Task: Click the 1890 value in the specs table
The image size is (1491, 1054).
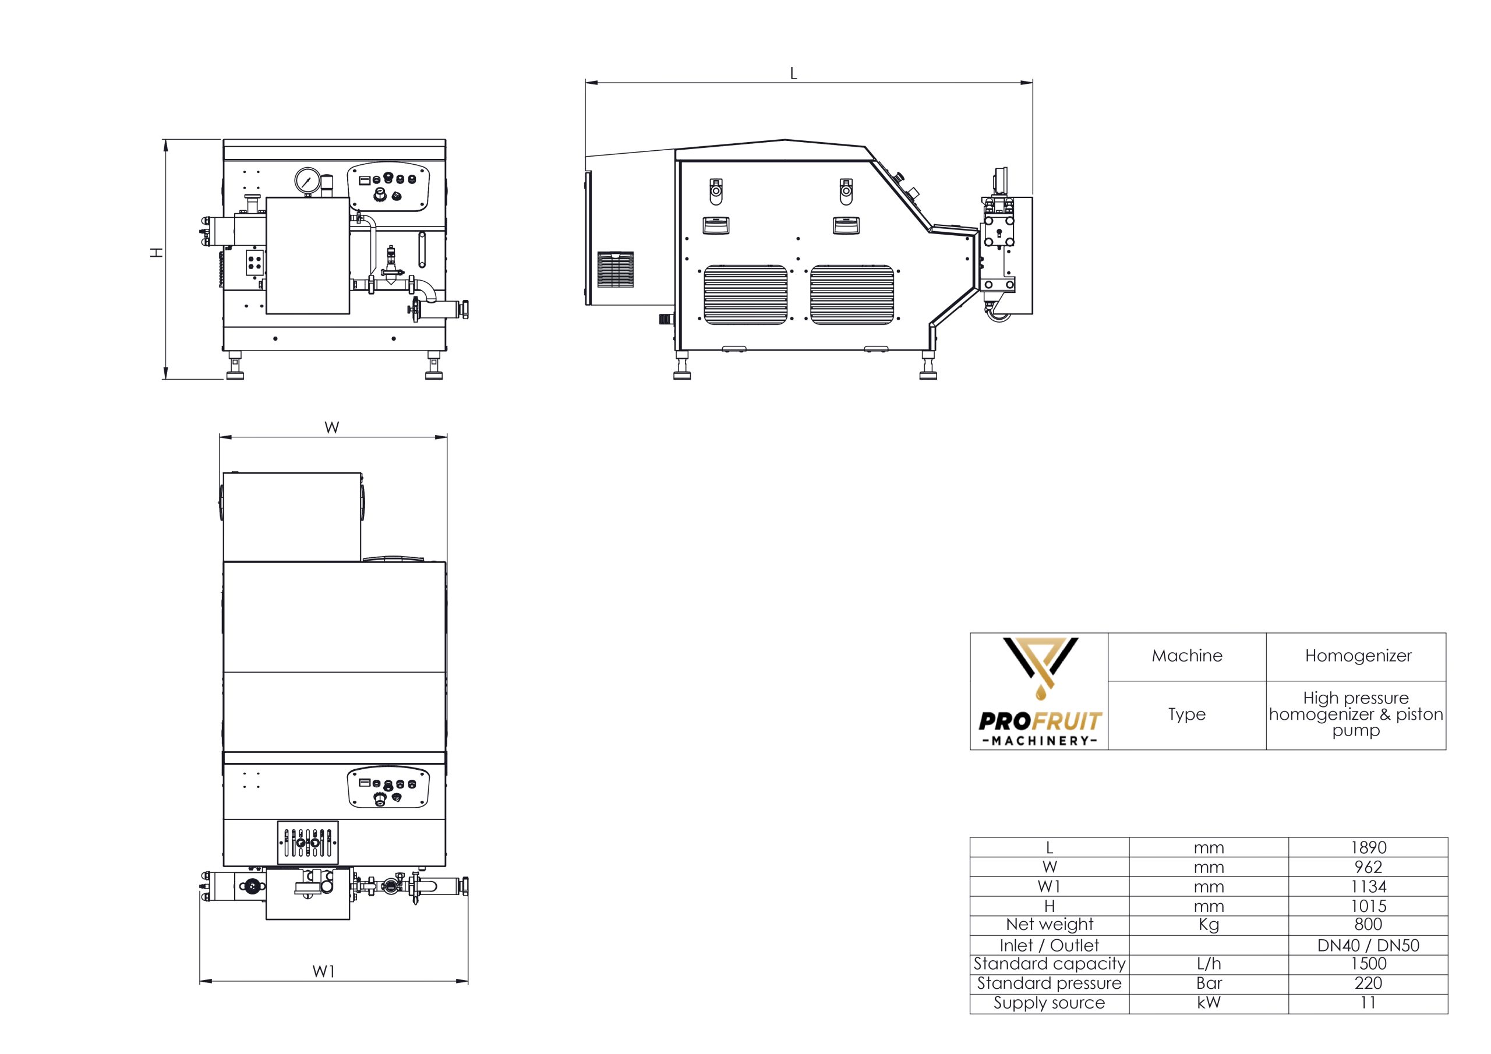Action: click(x=1368, y=847)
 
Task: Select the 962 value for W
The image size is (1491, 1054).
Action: click(x=1368, y=867)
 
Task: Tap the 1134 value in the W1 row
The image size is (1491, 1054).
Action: click(x=1368, y=886)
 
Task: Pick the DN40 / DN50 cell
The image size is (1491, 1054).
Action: click(x=1368, y=945)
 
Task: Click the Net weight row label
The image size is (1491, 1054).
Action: click(x=1049, y=925)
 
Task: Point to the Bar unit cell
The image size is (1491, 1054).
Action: click(x=1209, y=983)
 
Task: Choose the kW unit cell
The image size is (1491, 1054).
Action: click(x=1209, y=1003)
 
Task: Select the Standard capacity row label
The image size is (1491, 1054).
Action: click(x=1049, y=964)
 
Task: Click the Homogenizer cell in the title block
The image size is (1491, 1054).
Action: click(x=1358, y=656)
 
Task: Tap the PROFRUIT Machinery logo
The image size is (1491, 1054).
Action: click(x=1039, y=692)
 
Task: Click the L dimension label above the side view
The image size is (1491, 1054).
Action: click(x=793, y=74)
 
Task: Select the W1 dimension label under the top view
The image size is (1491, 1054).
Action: click(x=323, y=971)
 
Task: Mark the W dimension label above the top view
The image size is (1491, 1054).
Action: click(x=332, y=427)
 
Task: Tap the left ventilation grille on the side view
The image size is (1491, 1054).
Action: click(x=745, y=294)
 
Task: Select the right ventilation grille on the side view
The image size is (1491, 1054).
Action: click(x=852, y=294)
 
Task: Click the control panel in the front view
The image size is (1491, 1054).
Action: click(x=389, y=187)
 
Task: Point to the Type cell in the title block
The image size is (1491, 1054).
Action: click(x=1186, y=715)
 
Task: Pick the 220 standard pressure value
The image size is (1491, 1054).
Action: click(x=1368, y=983)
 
